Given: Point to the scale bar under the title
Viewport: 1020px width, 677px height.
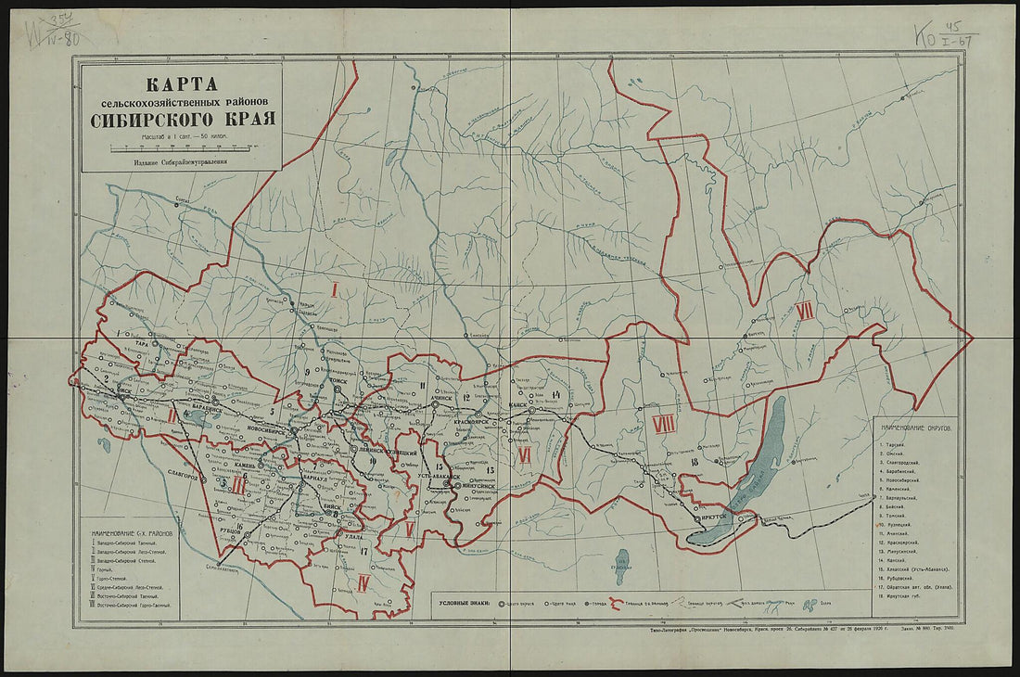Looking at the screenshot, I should coord(181,147).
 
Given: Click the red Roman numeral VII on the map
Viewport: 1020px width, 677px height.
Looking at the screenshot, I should coord(805,312).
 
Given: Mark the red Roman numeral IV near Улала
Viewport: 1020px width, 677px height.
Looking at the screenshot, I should coord(363,582).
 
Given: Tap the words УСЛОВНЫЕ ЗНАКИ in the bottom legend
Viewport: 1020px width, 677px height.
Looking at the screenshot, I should coord(463,601).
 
